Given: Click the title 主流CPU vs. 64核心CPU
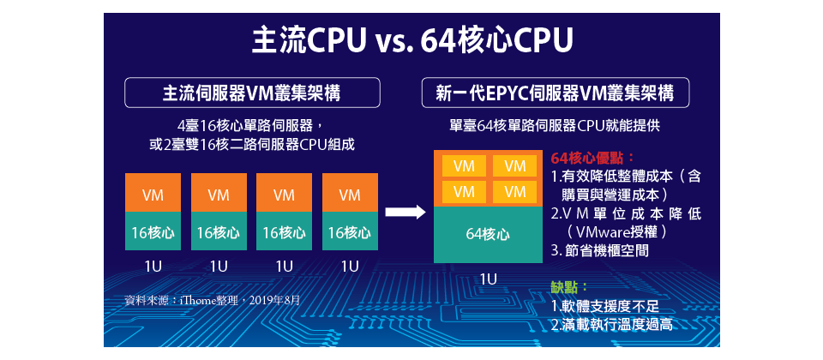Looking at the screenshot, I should (x=411, y=39).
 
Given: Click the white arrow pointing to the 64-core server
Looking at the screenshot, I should (x=404, y=213).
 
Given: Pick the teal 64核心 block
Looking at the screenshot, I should (x=488, y=234).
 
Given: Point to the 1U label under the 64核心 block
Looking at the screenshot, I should (x=488, y=279).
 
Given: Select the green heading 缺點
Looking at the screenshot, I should (x=569, y=287).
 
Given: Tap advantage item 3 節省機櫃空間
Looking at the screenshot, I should (x=600, y=250).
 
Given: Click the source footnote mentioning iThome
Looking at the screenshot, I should (x=213, y=300).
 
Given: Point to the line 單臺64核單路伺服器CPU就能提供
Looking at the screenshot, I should (x=555, y=125).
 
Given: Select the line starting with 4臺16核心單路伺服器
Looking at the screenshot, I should (x=251, y=125).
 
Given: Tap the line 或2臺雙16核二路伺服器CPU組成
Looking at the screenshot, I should (x=251, y=145).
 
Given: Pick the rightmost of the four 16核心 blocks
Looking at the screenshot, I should (x=350, y=231).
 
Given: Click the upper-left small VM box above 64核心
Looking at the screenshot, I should (x=464, y=165).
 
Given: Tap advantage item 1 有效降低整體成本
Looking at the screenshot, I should (x=625, y=177).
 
